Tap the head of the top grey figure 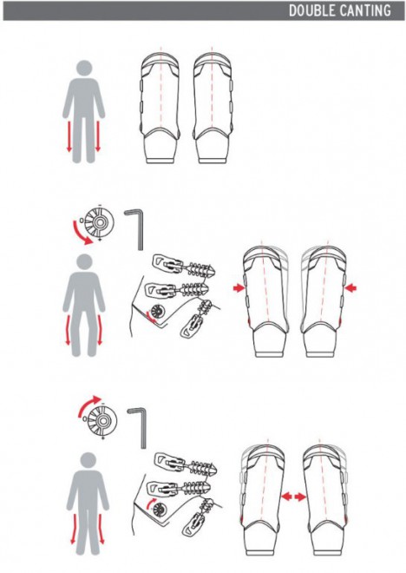[84, 69]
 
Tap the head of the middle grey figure [84, 262]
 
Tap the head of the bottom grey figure [88, 460]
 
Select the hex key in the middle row [136, 228]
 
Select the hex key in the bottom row [139, 427]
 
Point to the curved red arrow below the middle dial [80, 235]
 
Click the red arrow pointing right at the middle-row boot [239, 288]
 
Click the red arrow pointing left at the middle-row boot [350, 288]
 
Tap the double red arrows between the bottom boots [293, 497]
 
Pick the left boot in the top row [160, 109]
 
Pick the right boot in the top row [213, 109]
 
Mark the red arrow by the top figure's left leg [69, 136]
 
